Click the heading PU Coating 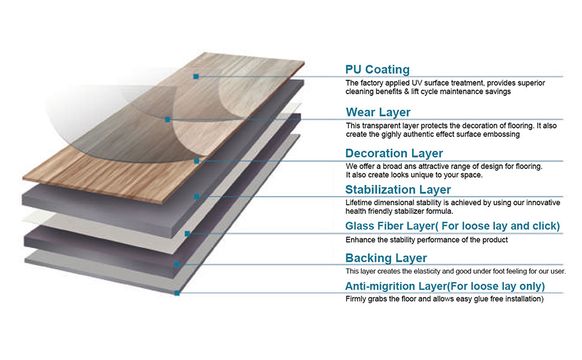tap(377, 70)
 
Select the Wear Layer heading tap(378, 112)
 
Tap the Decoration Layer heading tap(394, 154)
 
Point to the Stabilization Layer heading tap(398, 190)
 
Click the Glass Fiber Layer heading tap(452, 226)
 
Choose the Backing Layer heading tap(386, 258)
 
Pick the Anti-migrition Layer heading tap(445, 286)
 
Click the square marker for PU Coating tap(196, 76)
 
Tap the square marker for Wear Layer tap(167, 119)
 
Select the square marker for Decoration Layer tap(196, 161)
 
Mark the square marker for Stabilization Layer tap(196, 196)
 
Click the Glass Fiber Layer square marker tap(187, 233)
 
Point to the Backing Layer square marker tap(177, 264)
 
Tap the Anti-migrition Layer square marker tap(177, 293)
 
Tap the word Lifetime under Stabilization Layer tap(358, 203)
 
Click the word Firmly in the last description tap(356, 299)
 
